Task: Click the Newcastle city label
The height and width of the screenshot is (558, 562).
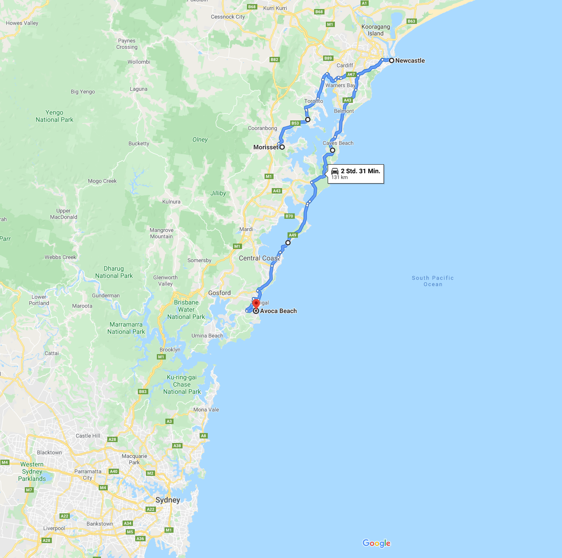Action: (410, 60)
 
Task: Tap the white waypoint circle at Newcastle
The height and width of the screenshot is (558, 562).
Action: (392, 60)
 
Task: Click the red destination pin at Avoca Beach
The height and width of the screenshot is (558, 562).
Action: (256, 303)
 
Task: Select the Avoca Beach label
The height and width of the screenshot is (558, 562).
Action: (278, 311)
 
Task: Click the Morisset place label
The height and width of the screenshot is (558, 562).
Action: (265, 147)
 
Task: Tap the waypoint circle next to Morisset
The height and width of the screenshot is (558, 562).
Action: (282, 147)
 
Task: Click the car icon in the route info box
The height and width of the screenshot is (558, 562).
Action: (335, 171)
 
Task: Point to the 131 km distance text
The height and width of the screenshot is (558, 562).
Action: (339, 178)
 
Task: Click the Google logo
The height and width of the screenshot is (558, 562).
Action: (376, 543)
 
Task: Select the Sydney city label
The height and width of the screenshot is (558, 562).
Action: (168, 500)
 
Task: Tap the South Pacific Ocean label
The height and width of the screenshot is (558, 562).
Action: (433, 281)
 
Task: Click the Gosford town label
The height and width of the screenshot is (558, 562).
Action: (219, 293)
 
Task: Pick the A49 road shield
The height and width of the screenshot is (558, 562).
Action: (293, 235)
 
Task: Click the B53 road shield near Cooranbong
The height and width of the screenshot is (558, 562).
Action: (295, 123)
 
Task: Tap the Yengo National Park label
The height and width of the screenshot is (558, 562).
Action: (54, 116)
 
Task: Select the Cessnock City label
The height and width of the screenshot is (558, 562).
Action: (228, 17)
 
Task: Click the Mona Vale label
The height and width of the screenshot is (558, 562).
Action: (206, 410)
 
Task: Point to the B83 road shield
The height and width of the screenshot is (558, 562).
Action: (143, 392)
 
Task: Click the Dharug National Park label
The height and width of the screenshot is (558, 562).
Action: (114, 272)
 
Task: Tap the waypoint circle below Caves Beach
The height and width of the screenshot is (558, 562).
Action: (332, 150)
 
